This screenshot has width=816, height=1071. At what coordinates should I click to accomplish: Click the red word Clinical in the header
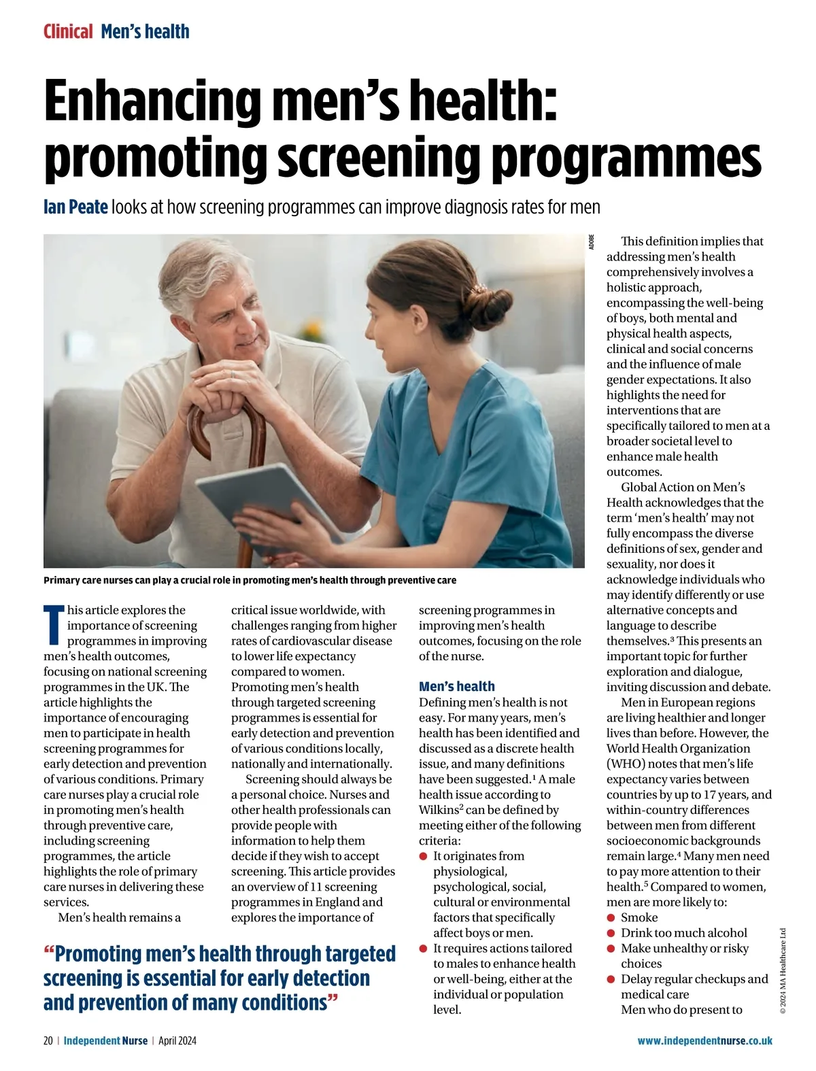pyautogui.click(x=68, y=31)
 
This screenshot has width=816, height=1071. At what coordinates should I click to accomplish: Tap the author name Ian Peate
pyautogui.click(x=75, y=207)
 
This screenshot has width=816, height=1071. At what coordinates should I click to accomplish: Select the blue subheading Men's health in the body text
pyautogui.click(x=457, y=687)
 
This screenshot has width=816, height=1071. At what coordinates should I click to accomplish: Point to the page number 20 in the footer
pyautogui.click(x=48, y=1041)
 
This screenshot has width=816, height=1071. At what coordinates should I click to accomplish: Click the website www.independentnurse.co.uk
pyautogui.click(x=704, y=1041)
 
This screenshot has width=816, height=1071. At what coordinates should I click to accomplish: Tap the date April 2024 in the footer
pyautogui.click(x=177, y=1041)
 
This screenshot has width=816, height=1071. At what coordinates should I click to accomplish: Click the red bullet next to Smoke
pyautogui.click(x=611, y=918)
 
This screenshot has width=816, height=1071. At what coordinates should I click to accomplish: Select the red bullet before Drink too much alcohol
pyautogui.click(x=611, y=933)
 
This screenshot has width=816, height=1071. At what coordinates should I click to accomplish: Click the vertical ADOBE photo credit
pyautogui.click(x=592, y=242)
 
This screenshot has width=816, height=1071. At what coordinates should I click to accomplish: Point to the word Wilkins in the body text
pyautogui.click(x=439, y=811)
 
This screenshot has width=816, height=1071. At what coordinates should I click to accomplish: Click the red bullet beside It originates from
pyautogui.click(x=424, y=857)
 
